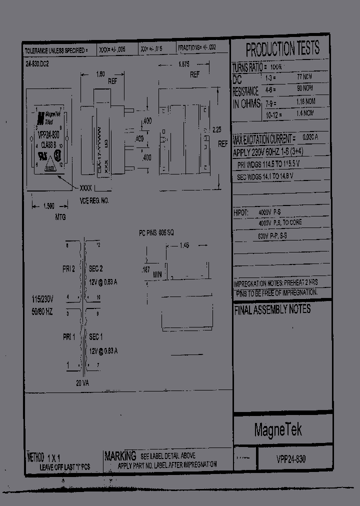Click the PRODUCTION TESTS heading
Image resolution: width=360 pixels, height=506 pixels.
pyautogui.click(x=282, y=48)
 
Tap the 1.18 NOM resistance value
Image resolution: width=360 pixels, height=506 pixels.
pyautogui.click(x=304, y=101)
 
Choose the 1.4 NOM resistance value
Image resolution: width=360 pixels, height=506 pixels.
pyautogui.click(x=304, y=113)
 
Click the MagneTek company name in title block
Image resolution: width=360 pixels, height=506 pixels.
pyautogui.click(x=278, y=429)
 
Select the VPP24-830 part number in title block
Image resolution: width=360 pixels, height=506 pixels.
pyautogui.click(x=291, y=459)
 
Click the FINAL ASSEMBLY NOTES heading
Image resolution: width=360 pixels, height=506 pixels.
pyautogui.click(x=272, y=309)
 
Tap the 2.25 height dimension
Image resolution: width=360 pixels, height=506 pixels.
pyautogui.click(x=217, y=129)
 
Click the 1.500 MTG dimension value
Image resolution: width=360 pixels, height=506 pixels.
pyautogui.click(x=48, y=206)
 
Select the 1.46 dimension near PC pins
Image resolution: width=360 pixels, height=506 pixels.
pyautogui.click(x=185, y=245)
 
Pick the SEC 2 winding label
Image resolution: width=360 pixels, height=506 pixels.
pyautogui.click(x=96, y=268)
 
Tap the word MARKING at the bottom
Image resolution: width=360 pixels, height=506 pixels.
pyautogui.click(x=120, y=455)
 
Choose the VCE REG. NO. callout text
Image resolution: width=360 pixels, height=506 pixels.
pyautogui.click(x=94, y=200)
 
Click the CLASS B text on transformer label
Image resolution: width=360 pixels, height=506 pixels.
pyautogui.click(x=49, y=144)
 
